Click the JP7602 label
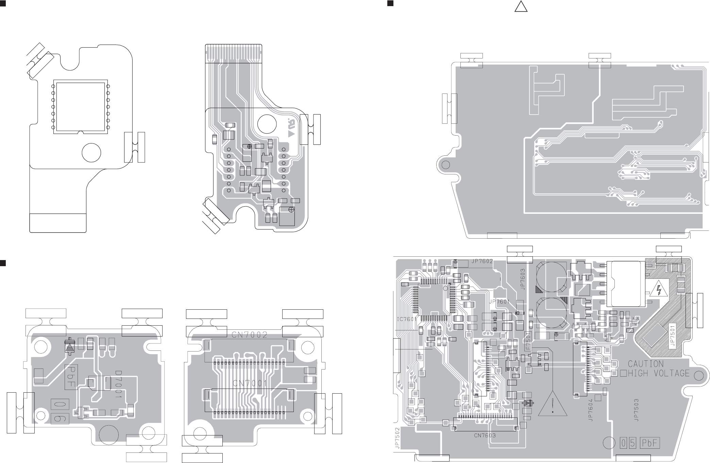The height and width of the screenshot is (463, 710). pos(482,261)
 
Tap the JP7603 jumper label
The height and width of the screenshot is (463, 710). pos(523,279)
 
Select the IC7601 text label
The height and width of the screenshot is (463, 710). pos(407,319)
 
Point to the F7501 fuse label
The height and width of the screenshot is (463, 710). pos(528,341)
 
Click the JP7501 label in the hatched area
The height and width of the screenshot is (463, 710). pos(672,336)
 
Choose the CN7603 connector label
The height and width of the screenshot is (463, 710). pos(485,435)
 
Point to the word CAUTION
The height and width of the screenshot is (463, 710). pos(645,364)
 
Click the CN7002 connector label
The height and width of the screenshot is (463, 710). pos(250,335)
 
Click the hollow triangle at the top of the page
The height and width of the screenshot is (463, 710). pos(521,6)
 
